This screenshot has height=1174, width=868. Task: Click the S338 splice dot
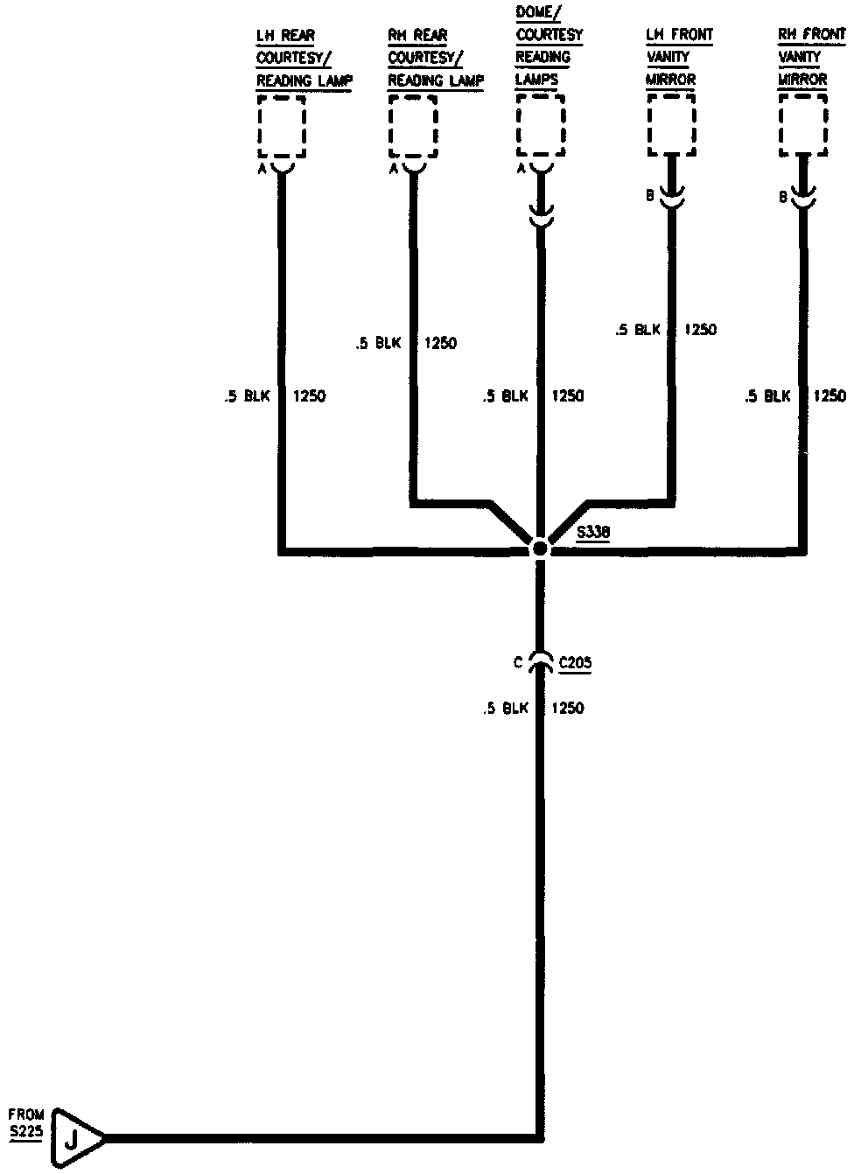point(540,548)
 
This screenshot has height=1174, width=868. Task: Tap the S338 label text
point(594,532)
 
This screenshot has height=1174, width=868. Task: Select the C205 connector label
point(575,663)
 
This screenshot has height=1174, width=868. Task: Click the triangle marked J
point(74,1139)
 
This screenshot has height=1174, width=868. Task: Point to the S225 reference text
point(25,1132)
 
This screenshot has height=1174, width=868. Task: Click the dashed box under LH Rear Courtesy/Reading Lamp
point(282,127)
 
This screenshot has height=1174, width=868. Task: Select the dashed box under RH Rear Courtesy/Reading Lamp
point(413,127)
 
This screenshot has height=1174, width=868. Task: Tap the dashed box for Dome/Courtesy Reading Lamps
point(541,127)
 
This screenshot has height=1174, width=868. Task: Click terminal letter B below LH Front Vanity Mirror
point(650,196)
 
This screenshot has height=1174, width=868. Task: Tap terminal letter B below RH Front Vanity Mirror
point(783,198)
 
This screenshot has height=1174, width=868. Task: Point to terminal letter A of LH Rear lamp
point(262,170)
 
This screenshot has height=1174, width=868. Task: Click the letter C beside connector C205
point(519,663)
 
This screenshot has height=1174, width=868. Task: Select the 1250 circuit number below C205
point(568,708)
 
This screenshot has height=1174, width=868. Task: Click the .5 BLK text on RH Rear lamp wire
point(378,344)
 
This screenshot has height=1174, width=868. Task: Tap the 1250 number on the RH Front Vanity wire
point(829,396)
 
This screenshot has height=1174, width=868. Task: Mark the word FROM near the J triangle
point(26,1115)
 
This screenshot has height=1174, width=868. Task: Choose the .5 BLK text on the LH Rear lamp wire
point(247,396)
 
